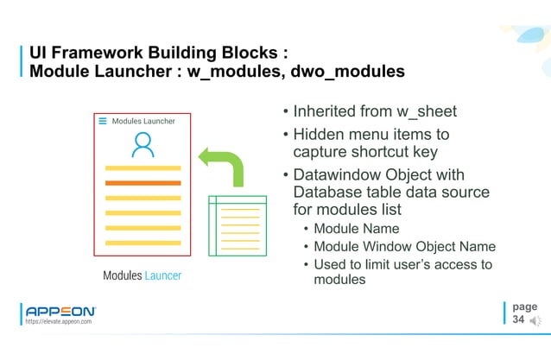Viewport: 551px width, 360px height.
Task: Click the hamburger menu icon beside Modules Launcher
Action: pyautogui.click(x=103, y=122)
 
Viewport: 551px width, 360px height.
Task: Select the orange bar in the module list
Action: pyautogui.click(x=142, y=183)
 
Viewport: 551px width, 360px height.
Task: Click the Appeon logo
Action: pyautogui.click(x=60, y=311)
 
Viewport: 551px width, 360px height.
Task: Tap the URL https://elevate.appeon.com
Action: pyautogui.click(x=59, y=322)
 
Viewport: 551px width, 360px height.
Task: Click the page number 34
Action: pyautogui.click(x=518, y=319)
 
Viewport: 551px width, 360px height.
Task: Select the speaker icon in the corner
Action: pyautogui.click(x=535, y=321)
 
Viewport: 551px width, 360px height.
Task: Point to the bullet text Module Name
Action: pyautogui.click(x=356, y=229)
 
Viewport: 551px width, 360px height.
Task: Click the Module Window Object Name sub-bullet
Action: pyautogui.click(x=404, y=247)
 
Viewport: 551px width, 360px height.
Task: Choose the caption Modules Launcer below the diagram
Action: pyautogui.click(x=142, y=275)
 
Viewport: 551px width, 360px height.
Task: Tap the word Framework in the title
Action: pyautogui.click(x=96, y=52)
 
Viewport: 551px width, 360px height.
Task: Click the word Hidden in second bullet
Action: pyautogui.click(x=320, y=136)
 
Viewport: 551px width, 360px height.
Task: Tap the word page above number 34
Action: pyautogui.click(x=523, y=306)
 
